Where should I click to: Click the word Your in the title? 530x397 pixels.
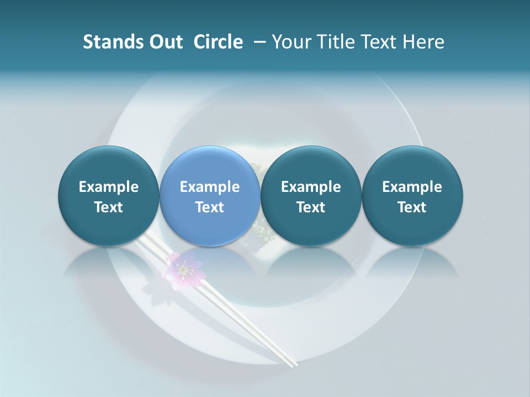(289, 42)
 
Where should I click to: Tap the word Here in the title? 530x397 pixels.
(423, 42)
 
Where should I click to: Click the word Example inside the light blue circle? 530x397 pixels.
(210, 187)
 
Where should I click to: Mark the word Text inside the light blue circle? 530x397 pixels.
(210, 207)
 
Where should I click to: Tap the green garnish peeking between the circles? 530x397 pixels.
(260, 232)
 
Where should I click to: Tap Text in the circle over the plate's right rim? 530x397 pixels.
(412, 207)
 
